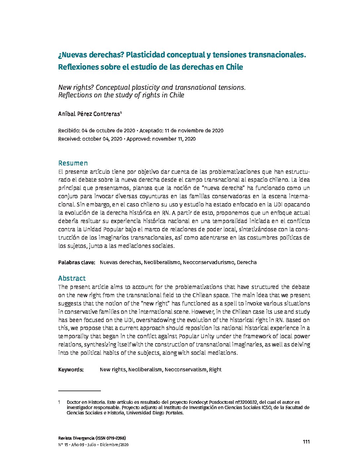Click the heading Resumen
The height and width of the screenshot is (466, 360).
click(73, 163)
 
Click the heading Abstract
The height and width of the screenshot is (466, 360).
click(72, 278)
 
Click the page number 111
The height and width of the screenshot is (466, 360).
click(306, 442)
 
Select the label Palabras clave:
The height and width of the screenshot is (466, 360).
click(77, 262)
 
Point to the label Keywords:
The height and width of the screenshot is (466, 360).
click(71, 370)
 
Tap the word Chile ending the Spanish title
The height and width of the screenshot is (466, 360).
click(234, 67)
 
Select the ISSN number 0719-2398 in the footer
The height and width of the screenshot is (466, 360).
click(116, 438)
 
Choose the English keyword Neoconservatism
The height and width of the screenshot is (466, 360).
click(185, 370)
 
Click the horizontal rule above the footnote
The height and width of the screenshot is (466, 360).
click(79, 391)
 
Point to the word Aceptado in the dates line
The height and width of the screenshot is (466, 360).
click(151, 131)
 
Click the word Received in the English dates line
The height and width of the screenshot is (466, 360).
click(69, 139)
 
